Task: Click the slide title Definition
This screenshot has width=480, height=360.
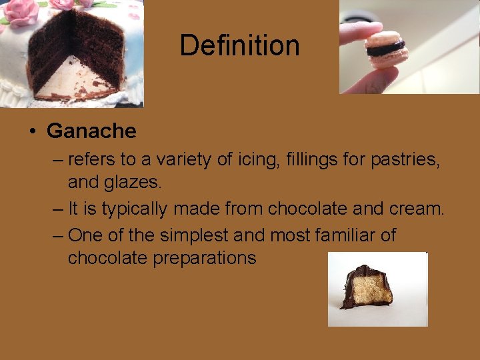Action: coord(239,45)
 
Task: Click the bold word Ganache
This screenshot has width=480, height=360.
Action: coord(91,131)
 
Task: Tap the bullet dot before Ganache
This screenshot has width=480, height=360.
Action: coord(32,131)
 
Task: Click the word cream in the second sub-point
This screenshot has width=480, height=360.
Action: coord(414,209)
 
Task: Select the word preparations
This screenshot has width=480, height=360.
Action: coord(205,258)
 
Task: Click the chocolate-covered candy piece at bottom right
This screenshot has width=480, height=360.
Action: coord(367,287)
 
